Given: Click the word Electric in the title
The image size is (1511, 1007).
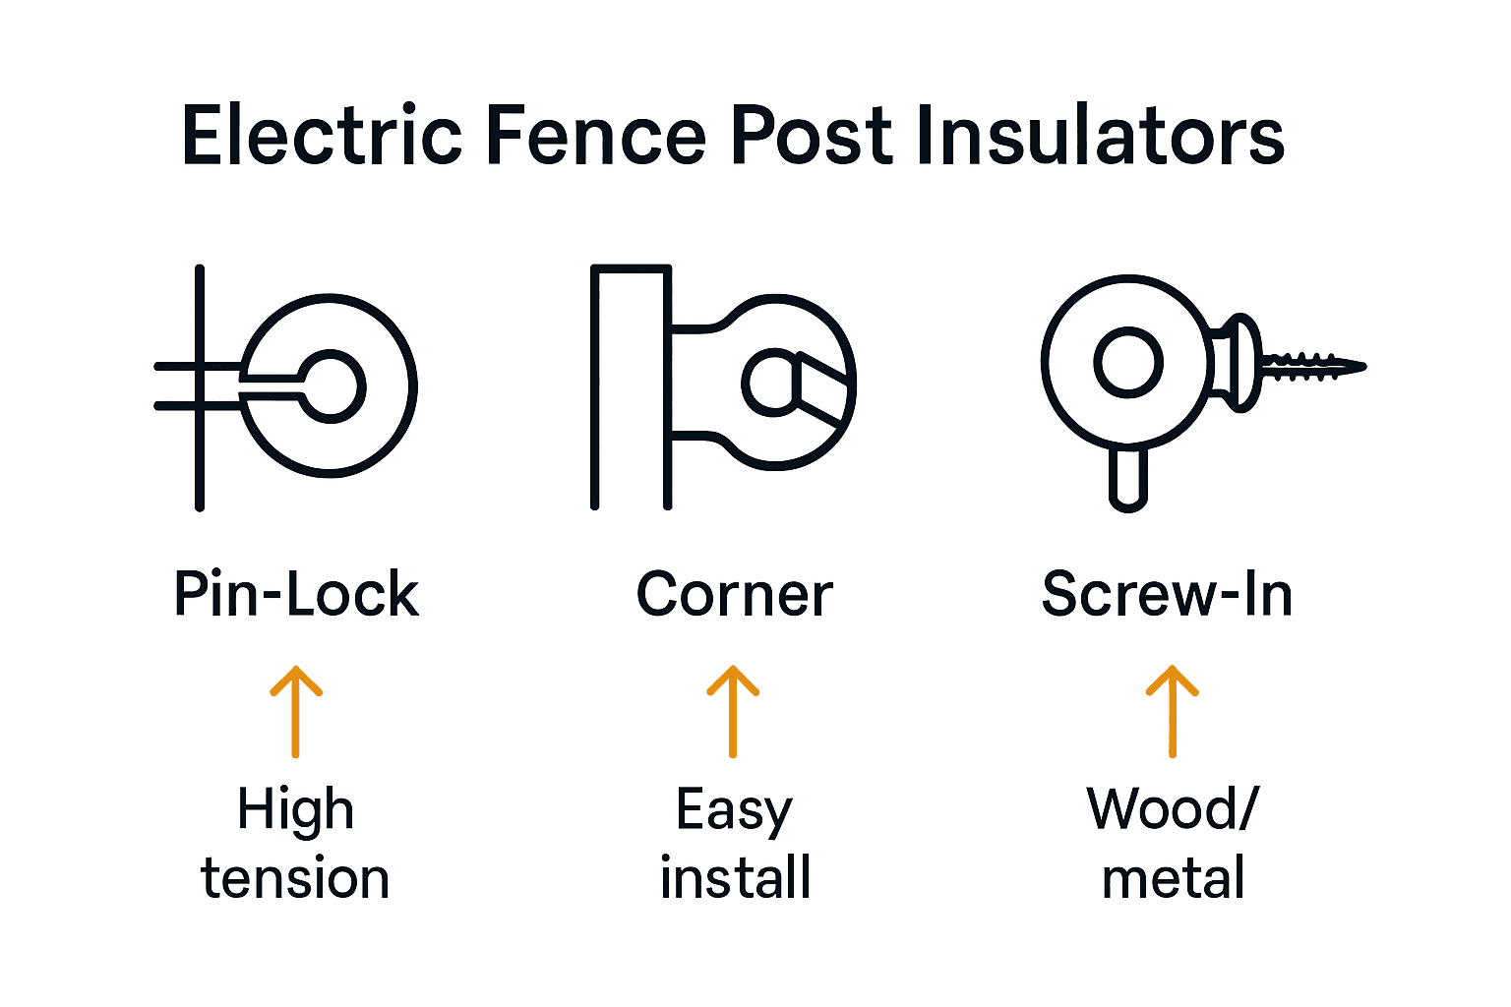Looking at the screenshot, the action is tap(322, 134).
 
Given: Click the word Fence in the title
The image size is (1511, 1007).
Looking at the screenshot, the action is tap(596, 134).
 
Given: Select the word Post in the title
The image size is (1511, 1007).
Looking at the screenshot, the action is tap(813, 134).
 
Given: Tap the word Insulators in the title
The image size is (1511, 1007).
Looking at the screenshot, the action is tap(1102, 134).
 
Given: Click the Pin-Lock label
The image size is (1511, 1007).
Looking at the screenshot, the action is tap(297, 594).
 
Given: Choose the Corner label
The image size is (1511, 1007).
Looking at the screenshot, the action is tap(735, 594).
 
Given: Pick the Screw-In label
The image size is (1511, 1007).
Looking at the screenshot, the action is tap(1167, 594).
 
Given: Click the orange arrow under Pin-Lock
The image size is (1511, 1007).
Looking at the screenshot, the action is tap(295, 712).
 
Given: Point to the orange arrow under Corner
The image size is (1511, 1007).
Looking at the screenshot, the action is tap(733, 712).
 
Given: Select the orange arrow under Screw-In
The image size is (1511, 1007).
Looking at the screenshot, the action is tap(1173, 712).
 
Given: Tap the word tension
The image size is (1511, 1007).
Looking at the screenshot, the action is tap(295, 877).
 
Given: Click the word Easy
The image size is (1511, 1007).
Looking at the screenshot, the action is tap(734, 811).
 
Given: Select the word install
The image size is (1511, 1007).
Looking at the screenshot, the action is tap(735, 876).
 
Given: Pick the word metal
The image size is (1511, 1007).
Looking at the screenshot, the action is tap(1173, 877).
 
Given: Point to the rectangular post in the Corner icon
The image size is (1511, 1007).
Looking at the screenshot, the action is tap(594, 386).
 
